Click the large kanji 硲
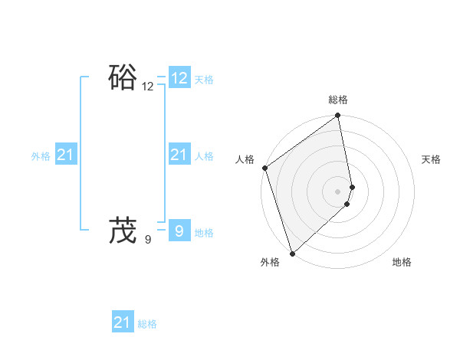(x=123, y=78)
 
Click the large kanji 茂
(x=123, y=230)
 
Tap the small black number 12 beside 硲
(x=148, y=87)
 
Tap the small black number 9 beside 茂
(x=148, y=240)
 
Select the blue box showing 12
(x=179, y=78)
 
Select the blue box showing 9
(x=179, y=230)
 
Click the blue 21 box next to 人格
(x=179, y=155)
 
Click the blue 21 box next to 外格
(x=66, y=155)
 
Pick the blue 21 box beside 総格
(x=123, y=322)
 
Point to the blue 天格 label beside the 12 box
(x=204, y=80)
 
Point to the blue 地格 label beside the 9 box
(x=204, y=233)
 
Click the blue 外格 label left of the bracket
(x=41, y=156)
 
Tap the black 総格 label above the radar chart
(x=338, y=100)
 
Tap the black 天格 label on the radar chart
(x=432, y=159)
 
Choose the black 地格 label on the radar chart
(x=402, y=262)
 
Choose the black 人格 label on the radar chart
(x=245, y=159)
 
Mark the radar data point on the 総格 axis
(x=338, y=116)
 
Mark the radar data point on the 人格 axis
(x=264, y=168)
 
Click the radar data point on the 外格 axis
(x=292, y=253)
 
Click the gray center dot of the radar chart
(x=338, y=191)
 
